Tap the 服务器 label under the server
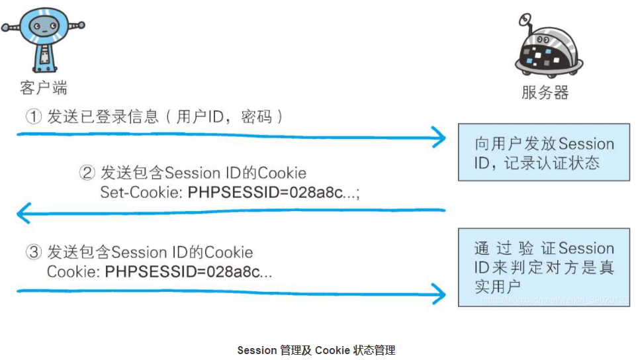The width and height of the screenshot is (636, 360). [545, 92]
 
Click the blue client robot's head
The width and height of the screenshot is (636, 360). [43, 25]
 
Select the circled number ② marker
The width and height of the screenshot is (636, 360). [87, 173]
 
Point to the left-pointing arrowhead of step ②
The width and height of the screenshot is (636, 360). [24, 213]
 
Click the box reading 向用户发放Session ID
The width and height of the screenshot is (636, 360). [544, 153]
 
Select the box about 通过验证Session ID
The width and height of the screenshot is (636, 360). [544, 267]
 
